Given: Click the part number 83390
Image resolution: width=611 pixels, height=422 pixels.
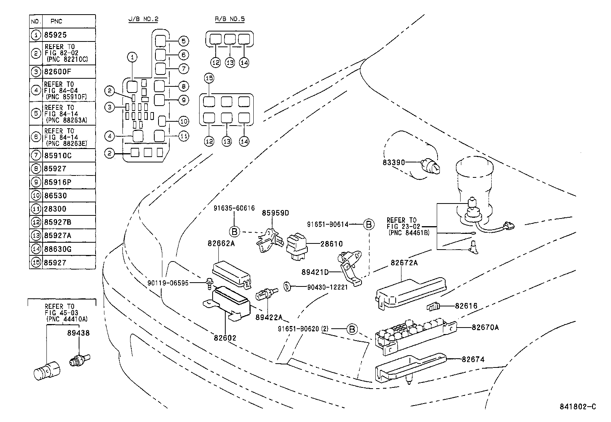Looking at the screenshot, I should [x=393, y=162].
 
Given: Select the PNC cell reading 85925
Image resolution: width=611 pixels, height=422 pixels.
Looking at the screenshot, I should [x=55, y=35].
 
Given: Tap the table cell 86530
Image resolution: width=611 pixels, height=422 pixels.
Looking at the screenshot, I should [x=55, y=196].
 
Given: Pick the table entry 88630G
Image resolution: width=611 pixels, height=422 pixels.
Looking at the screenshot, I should [x=58, y=249].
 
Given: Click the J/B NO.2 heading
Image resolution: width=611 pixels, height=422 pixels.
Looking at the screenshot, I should [x=143, y=19].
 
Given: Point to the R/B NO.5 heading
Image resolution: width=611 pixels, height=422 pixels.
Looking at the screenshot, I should [x=230, y=19].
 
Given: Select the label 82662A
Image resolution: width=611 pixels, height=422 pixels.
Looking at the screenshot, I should [x=221, y=243].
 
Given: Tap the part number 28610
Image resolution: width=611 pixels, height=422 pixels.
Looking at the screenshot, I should [x=332, y=244].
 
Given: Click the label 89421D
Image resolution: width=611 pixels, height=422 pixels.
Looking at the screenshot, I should [x=315, y=272].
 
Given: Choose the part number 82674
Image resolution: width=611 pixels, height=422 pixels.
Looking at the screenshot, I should [x=473, y=359].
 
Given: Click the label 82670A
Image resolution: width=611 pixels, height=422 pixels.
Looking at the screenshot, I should [x=485, y=327].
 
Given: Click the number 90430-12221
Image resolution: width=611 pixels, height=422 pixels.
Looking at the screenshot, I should [x=327, y=286].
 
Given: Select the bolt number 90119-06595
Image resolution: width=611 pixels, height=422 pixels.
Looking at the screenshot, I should [x=168, y=283].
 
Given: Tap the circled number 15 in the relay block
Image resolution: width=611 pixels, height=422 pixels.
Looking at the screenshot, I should [x=209, y=78].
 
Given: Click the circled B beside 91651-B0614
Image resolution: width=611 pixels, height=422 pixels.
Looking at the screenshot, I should [x=368, y=224].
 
